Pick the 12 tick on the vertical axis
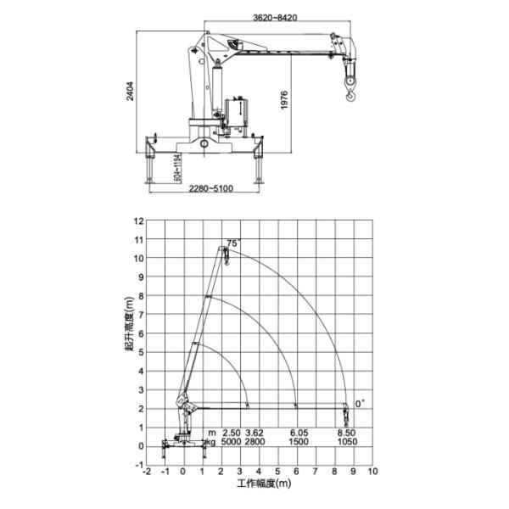[138, 221]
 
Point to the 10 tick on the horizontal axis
[372, 473]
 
